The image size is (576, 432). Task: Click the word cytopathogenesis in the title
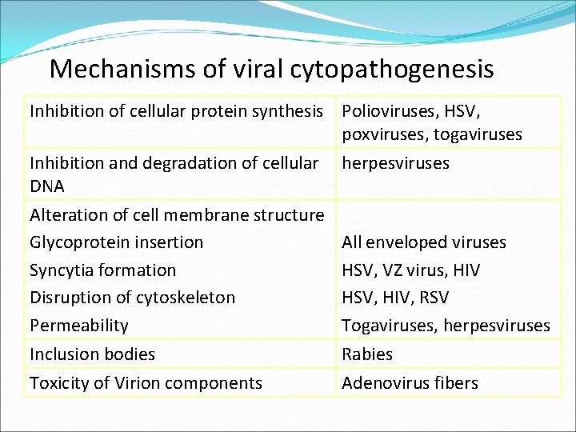392,70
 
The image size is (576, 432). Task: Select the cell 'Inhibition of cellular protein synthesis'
176,111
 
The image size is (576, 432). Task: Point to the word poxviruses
384,134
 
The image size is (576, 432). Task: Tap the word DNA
47,186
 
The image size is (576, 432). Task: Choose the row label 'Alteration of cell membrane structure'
177,214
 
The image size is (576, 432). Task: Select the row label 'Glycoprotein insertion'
117,242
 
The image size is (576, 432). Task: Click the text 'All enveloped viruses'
424,242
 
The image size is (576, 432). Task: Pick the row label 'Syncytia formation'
102,270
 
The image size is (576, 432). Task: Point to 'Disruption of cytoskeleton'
133,298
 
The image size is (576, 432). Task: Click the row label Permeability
79,326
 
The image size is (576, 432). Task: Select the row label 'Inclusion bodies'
93,354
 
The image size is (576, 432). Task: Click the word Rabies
367,354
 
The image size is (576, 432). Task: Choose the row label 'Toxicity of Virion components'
146,383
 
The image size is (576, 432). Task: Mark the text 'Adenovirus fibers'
410,383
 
